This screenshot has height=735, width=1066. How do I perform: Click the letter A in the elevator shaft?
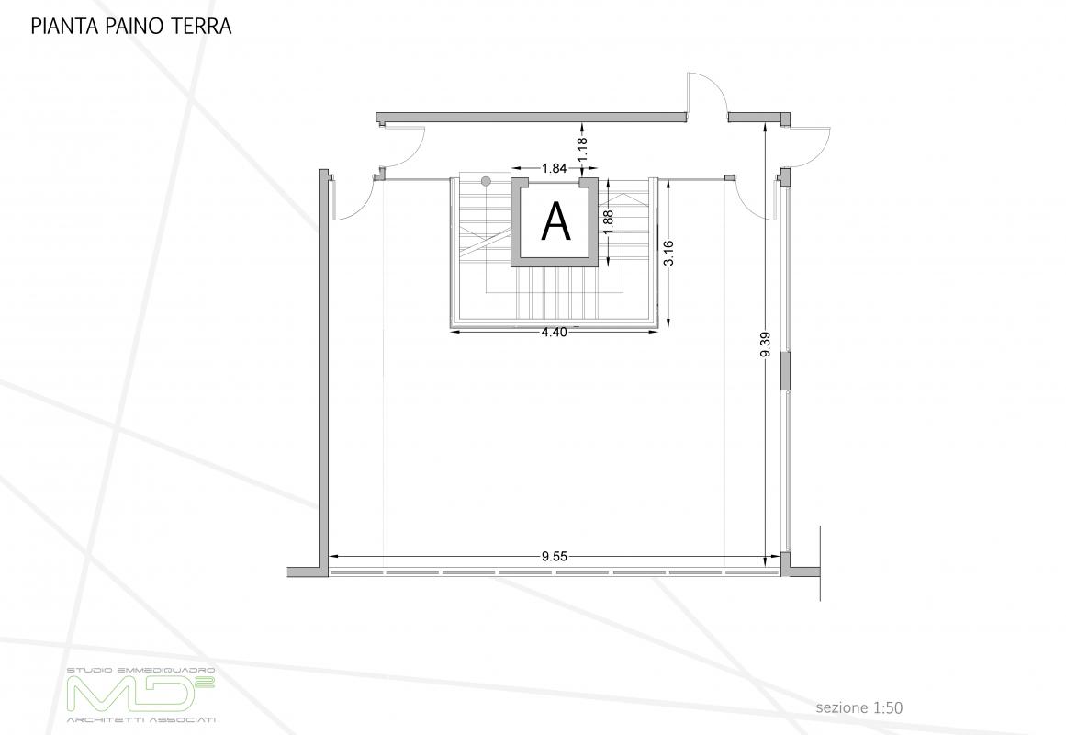555,221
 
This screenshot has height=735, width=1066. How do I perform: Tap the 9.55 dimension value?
554,557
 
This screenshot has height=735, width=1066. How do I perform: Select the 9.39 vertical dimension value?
766,345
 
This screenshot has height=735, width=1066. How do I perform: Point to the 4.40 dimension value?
554,332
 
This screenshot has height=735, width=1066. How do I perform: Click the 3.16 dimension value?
668,254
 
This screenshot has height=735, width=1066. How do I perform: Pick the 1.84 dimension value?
554,168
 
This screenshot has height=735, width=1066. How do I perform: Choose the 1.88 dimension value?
609,222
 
